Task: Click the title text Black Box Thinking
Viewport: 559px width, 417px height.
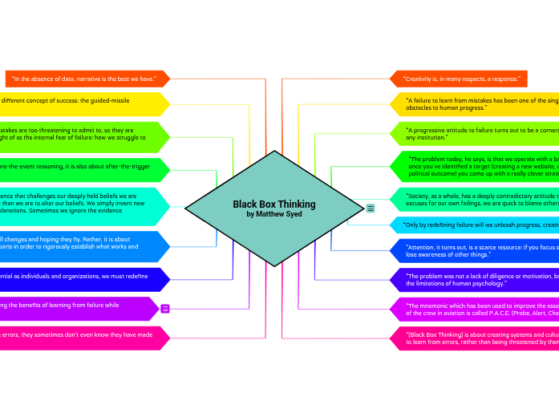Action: tap(274, 204)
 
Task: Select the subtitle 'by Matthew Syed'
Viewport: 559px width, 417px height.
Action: tap(274, 214)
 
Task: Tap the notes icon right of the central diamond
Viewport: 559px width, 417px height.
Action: tap(371, 208)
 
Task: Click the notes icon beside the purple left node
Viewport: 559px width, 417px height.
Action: tap(165, 309)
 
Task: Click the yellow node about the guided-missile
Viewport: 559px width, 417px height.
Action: tap(80, 103)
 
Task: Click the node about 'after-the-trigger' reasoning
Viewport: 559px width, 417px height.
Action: tap(80, 169)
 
